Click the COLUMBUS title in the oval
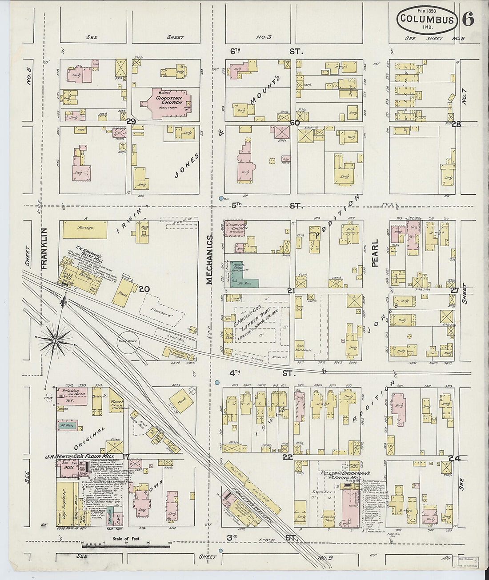coord(427,19)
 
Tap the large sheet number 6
coord(468,19)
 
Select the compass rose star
coord(55,341)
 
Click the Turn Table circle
coord(128,342)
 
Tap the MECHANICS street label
coord(209,260)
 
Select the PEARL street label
coord(374,253)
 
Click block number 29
coord(131,121)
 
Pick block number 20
coord(144,289)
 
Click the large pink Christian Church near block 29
coord(167,102)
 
